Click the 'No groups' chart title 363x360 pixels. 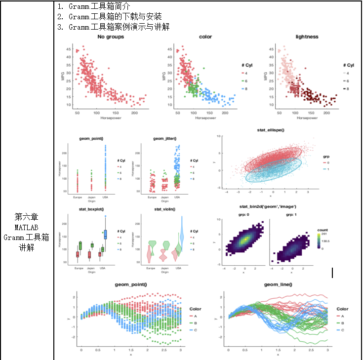pos(111,37)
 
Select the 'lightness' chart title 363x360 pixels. pos(307,37)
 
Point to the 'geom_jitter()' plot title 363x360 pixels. pos(164,139)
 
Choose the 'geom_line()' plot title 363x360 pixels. pos(278,284)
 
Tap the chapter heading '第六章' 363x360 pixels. pos(27,216)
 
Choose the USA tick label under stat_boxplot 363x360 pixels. pos(102,268)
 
